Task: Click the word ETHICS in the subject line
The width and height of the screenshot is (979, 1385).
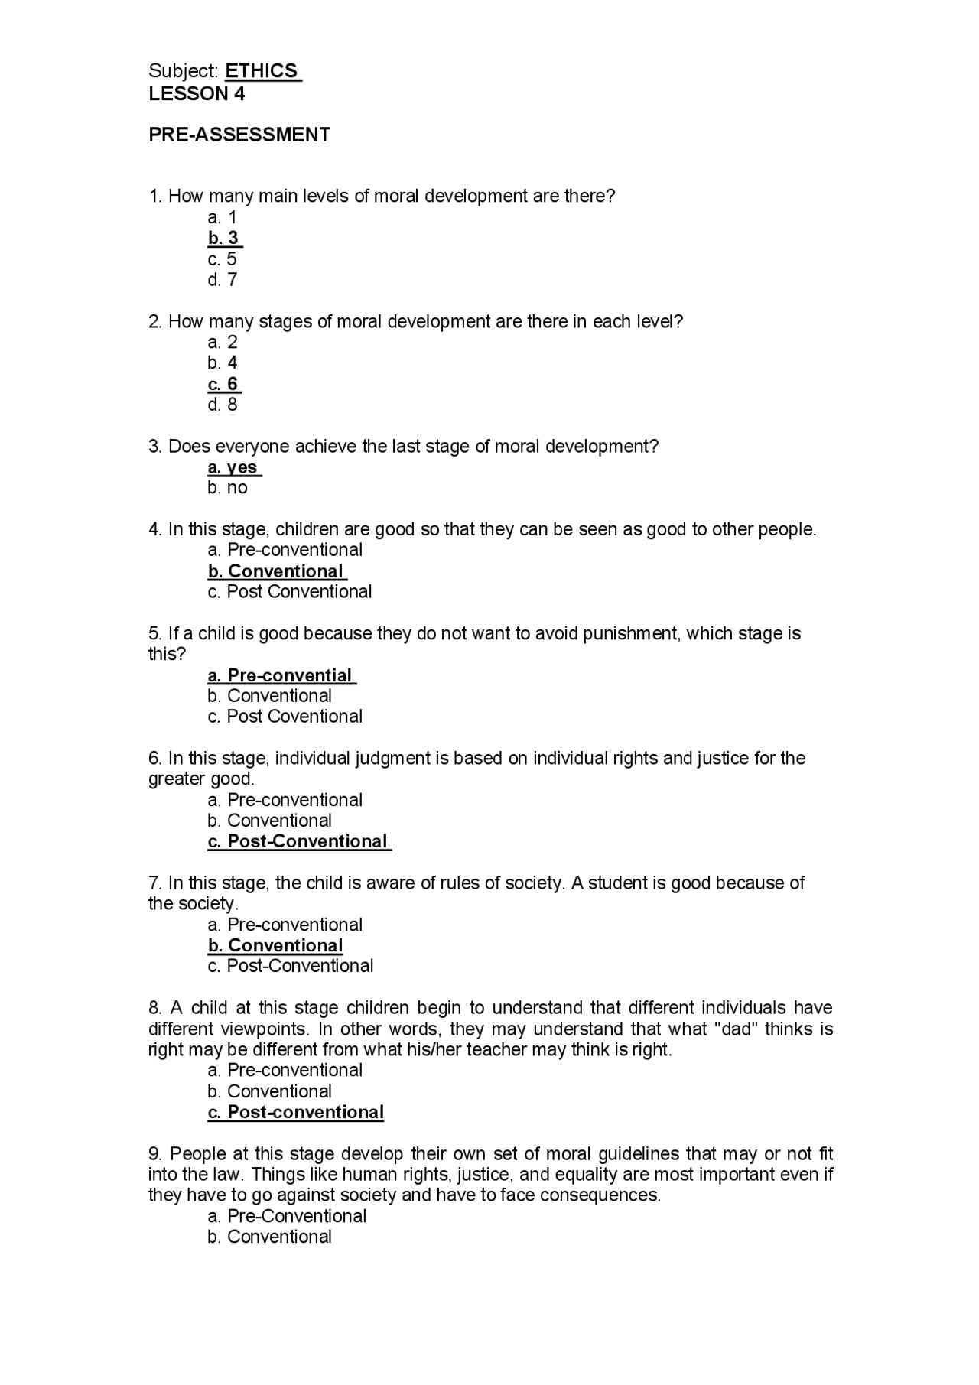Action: point(262,71)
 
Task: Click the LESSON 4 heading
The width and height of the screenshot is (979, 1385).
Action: point(197,94)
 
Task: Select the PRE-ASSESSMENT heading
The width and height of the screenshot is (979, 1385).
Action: point(239,135)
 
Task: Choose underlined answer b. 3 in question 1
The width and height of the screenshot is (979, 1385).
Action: point(223,238)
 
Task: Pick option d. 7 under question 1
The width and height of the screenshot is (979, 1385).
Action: point(223,280)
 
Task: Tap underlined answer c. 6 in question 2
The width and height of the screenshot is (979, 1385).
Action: point(223,384)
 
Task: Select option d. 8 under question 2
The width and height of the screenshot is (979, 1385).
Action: point(223,405)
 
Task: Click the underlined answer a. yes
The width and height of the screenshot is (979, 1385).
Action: point(233,467)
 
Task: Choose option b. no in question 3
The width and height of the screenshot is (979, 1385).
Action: point(227,488)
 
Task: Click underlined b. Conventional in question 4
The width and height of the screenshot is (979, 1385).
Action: point(276,571)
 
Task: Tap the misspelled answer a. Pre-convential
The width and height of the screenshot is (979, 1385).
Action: point(280,675)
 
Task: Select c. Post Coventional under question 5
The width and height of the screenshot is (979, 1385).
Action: point(285,717)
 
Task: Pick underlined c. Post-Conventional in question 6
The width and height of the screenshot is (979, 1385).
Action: point(298,841)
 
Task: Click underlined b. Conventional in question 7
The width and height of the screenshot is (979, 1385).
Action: point(275,945)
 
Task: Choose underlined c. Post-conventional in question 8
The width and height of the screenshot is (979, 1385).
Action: point(295,1112)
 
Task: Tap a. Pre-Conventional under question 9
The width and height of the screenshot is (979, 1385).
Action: point(287,1216)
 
